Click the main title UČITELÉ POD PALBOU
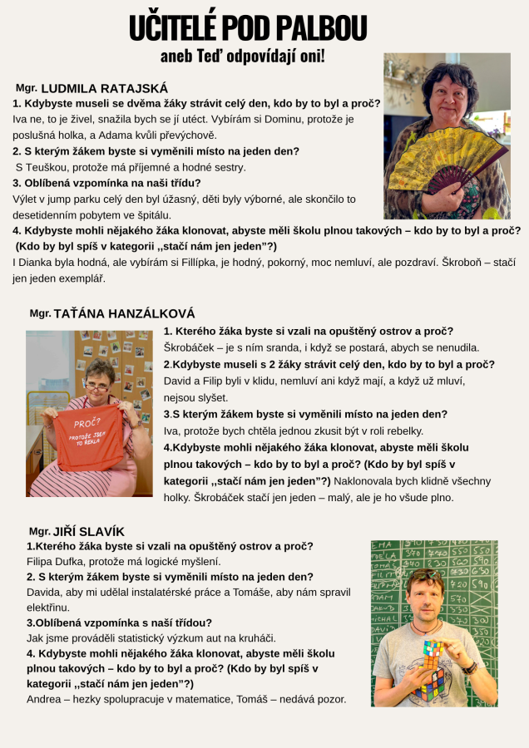point(247,28)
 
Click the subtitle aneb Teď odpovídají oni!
point(242,57)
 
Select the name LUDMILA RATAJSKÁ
point(104,88)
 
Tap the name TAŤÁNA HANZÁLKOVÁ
point(124,314)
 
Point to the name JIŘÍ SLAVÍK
point(88,531)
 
